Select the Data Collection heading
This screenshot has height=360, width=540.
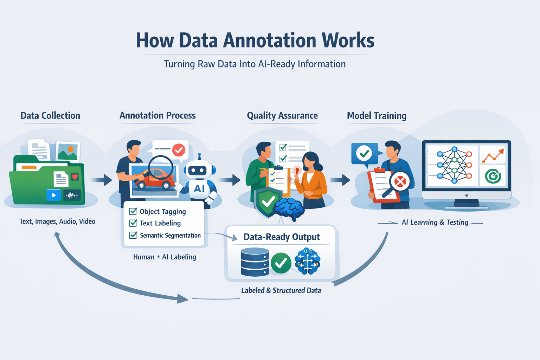[x=50, y=116]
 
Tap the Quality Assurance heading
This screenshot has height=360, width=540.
[x=282, y=116]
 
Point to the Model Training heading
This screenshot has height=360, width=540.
[x=377, y=116]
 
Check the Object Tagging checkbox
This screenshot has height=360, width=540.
[x=133, y=211]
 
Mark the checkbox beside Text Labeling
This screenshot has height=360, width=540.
[x=133, y=223]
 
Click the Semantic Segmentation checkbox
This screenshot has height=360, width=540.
[x=133, y=235]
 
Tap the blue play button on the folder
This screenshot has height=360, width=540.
[x=54, y=195]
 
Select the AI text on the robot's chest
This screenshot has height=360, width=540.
[x=199, y=188]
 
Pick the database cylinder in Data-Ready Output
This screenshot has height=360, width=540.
[x=255, y=262]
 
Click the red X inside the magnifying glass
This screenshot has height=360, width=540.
[x=400, y=182]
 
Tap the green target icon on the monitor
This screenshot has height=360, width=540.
[x=493, y=176]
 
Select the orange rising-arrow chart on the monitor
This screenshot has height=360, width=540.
[x=493, y=155]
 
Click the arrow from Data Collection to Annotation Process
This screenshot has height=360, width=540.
[x=102, y=180]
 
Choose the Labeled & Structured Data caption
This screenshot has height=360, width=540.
[x=281, y=290]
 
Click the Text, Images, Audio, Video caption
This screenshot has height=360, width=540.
[x=57, y=221]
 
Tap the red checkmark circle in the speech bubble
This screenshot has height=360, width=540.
[x=179, y=150]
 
